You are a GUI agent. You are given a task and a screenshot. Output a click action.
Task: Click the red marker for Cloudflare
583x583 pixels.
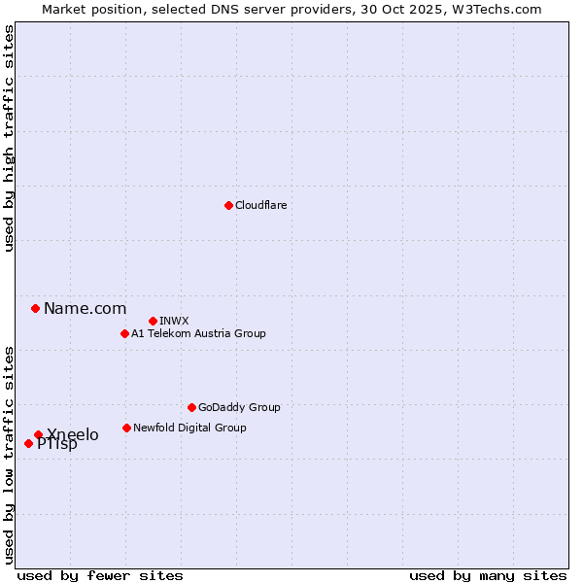(x=228, y=205)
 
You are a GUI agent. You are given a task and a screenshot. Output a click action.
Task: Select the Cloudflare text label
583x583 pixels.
(x=260, y=205)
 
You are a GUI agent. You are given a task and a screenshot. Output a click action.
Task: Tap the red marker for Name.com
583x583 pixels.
(x=35, y=308)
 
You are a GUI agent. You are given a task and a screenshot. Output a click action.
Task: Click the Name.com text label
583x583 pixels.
(x=85, y=309)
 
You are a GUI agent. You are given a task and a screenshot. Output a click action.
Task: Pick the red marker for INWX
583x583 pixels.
(x=153, y=321)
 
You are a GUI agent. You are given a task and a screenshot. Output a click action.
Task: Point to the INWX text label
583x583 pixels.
(x=174, y=321)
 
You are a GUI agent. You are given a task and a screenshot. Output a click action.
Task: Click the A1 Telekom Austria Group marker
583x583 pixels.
(x=124, y=333)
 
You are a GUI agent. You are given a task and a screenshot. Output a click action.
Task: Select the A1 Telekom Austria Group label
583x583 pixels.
(x=198, y=333)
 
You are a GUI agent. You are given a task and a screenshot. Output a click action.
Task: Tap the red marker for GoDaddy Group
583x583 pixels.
(x=191, y=407)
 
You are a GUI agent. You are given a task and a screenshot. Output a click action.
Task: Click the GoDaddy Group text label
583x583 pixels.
(x=239, y=407)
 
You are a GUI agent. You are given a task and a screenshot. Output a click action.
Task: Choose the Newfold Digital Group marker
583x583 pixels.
(x=126, y=428)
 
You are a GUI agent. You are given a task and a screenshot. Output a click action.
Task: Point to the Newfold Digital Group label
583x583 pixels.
(x=189, y=428)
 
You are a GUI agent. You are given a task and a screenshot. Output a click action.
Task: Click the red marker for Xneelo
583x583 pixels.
(x=38, y=434)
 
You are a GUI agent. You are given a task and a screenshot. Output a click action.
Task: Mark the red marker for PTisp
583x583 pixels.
(x=28, y=443)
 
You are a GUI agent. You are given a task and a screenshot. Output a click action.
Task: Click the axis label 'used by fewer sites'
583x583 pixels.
(x=100, y=575)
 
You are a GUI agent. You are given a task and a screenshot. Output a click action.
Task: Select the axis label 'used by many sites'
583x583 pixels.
(x=488, y=575)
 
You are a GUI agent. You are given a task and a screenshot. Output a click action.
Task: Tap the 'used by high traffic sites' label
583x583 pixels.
(x=9, y=138)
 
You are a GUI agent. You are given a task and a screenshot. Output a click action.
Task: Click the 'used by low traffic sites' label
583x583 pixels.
(x=9, y=454)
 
